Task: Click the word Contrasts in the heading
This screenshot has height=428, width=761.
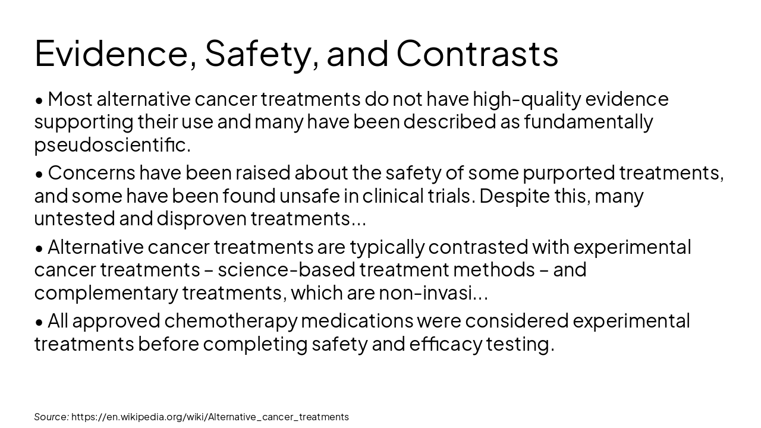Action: (x=477, y=53)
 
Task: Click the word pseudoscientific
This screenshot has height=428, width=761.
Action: (x=112, y=144)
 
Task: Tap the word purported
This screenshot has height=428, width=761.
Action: (x=568, y=172)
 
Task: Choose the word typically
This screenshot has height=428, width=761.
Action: (x=386, y=247)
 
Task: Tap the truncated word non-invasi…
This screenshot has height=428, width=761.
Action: (x=433, y=293)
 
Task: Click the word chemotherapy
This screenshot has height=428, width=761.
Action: (x=231, y=321)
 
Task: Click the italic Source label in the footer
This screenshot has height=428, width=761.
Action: (x=51, y=417)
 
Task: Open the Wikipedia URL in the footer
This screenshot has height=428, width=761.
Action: (x=210, y=417)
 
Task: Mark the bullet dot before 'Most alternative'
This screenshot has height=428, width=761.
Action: (x=39, y=100)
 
